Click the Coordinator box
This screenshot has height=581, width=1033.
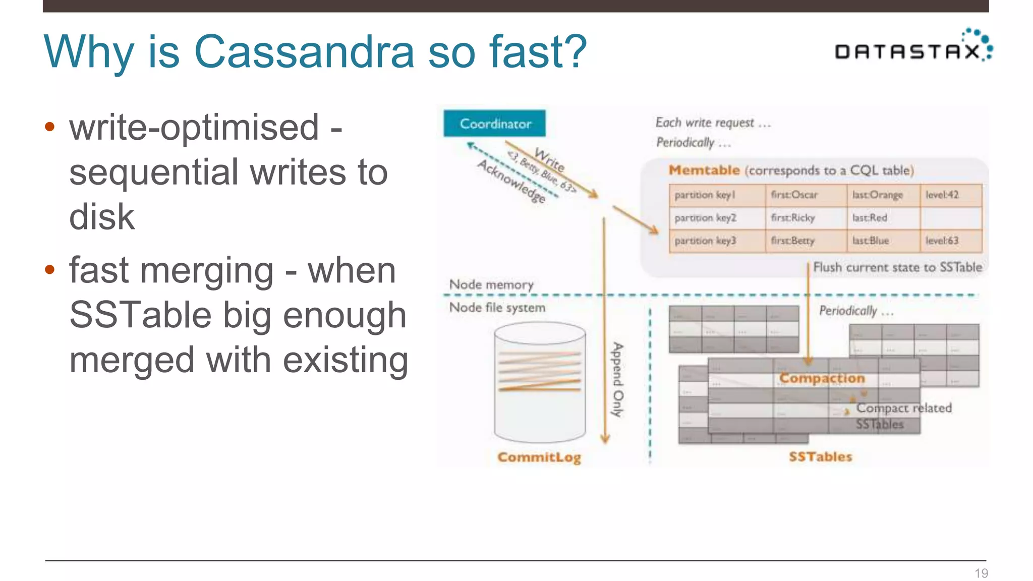click(494, 124)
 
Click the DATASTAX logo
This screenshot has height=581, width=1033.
click(913, 49)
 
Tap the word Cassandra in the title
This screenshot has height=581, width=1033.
click(304, 51)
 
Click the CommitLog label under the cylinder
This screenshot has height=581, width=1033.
click(539, 457)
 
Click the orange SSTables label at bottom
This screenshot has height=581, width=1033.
click(821, 456)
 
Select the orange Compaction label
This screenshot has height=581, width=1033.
click(822, 378)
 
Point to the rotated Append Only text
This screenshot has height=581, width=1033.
click(617, 380)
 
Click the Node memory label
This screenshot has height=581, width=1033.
click(491, 285)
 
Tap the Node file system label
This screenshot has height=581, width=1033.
click(497, 308)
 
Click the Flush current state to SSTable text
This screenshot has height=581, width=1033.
click(898, 267)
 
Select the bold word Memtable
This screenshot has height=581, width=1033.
click(704, 170)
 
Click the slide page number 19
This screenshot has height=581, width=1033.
click(981, 573)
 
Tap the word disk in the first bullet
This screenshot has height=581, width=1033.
click(102, 217)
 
